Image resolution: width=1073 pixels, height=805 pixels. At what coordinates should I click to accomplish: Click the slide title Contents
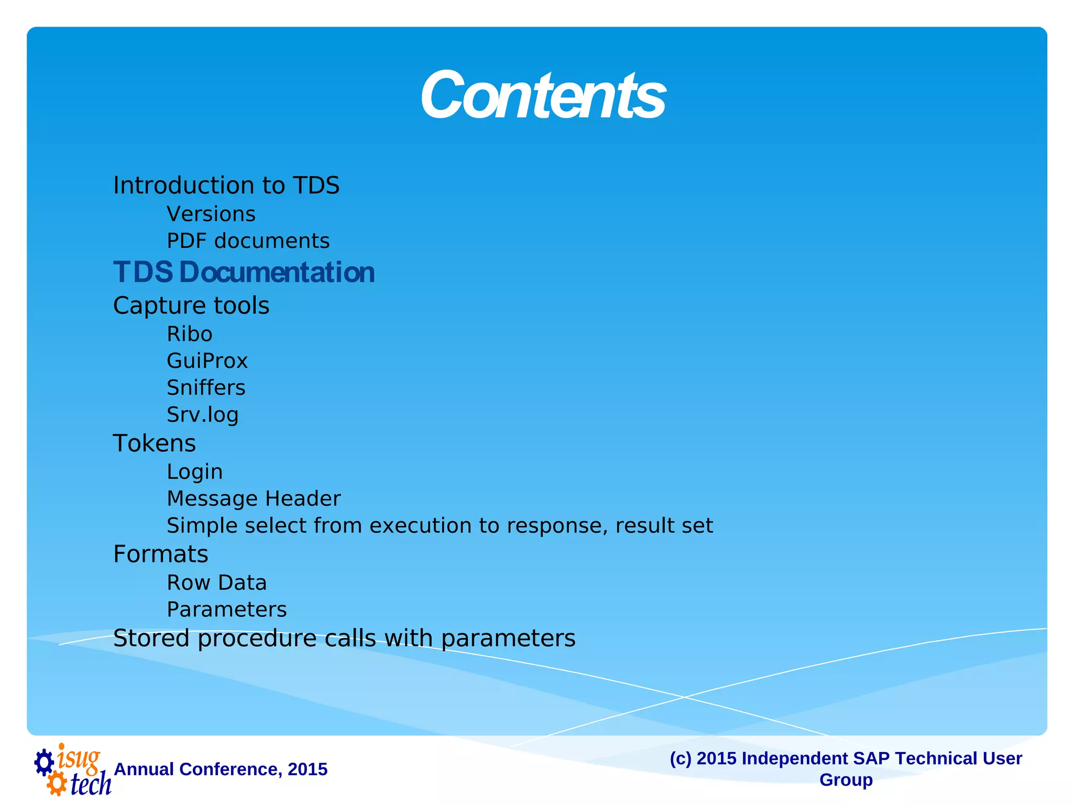543,95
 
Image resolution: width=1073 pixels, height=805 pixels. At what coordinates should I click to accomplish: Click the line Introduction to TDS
226,186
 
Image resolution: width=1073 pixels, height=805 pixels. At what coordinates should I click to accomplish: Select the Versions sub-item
211,214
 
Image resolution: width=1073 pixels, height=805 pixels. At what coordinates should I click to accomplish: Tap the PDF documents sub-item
248,241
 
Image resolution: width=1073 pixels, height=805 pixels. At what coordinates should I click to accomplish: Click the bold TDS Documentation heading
244,273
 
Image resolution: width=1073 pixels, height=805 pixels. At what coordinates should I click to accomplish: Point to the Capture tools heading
191,306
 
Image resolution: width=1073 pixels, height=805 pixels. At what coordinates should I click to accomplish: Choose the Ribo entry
190,334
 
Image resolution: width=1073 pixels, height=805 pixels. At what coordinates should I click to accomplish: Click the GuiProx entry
207,361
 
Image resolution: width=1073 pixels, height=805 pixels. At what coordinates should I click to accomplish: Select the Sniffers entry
206,388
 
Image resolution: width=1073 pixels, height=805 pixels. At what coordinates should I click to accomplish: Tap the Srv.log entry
203,415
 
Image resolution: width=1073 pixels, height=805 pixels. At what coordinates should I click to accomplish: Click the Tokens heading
155,443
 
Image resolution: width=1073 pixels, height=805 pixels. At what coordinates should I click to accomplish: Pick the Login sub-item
194,472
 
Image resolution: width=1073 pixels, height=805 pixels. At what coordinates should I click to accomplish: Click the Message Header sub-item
254,499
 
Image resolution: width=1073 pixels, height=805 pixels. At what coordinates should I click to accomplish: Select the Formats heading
161,554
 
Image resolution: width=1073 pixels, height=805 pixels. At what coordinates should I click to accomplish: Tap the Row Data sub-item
216,583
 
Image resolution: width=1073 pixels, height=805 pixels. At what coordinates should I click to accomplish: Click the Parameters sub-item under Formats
227,610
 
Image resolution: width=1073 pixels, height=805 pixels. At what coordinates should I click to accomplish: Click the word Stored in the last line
151,638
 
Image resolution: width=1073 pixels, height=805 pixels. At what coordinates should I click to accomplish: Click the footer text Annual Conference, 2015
221,769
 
